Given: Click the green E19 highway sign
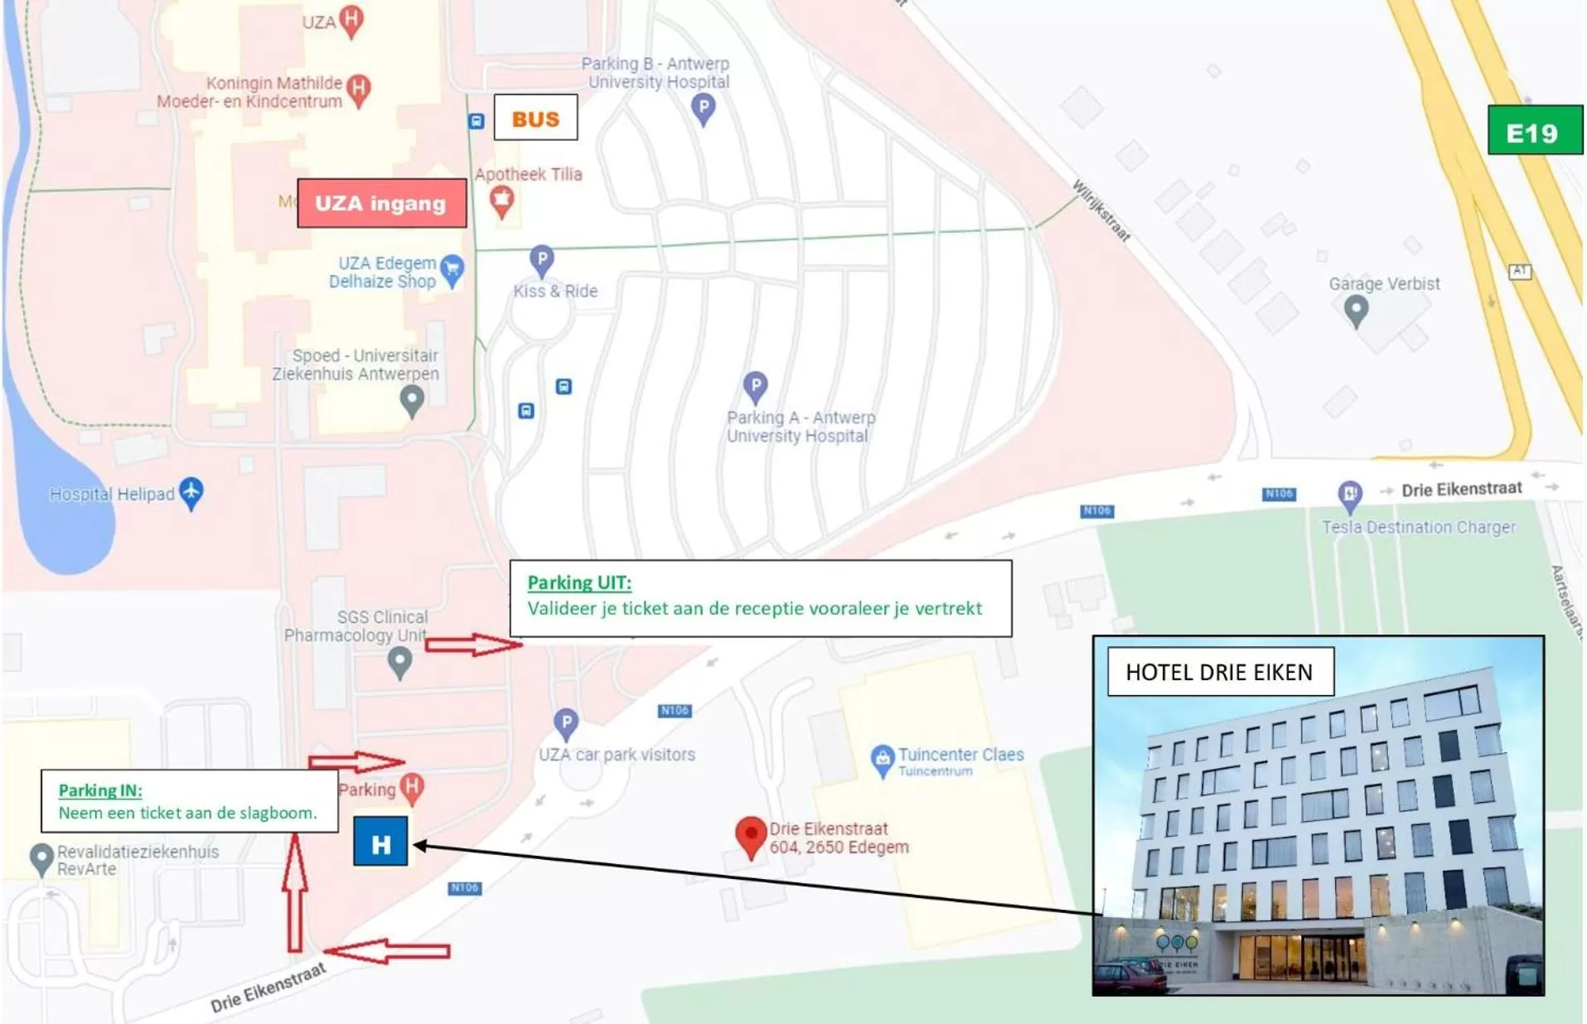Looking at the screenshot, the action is pos(1534,131).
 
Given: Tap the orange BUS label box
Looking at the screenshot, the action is pos(535,118).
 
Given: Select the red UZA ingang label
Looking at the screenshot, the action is pos(381,203).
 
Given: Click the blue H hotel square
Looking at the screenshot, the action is pos(380,842).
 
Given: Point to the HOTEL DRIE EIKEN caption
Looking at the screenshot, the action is pos(1219,672).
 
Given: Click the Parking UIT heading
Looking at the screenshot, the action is pos(579,582).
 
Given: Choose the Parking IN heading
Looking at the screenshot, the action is pos(100,790).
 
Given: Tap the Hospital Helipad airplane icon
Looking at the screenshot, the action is pos(191,492).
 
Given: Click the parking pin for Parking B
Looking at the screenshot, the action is pos(703,108).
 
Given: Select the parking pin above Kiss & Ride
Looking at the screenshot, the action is pos(541,259).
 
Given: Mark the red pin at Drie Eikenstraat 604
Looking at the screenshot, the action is pos(751,835).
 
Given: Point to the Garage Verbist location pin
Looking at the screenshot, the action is pos(1356,311).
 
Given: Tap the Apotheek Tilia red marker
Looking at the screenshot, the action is pos(501,200).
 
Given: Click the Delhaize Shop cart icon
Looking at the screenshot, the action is pos(452,269).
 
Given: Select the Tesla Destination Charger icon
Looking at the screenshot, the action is pos(1350,495).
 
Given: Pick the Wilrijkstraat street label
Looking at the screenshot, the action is pos(1101,210).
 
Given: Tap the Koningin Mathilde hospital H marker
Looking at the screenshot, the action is pos(359,88).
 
